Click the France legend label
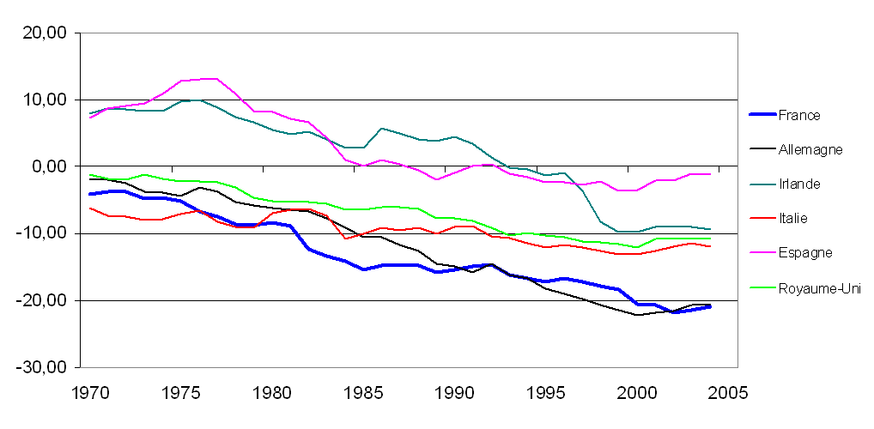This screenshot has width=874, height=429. click(798, 115)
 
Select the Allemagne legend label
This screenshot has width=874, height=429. click(810, 149)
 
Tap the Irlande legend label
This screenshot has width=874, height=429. click(799, 184)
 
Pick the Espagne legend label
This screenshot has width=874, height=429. click(804, 252)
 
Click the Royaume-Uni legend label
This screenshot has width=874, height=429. click(818, 288)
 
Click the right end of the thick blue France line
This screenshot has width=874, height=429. click(710, 306)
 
